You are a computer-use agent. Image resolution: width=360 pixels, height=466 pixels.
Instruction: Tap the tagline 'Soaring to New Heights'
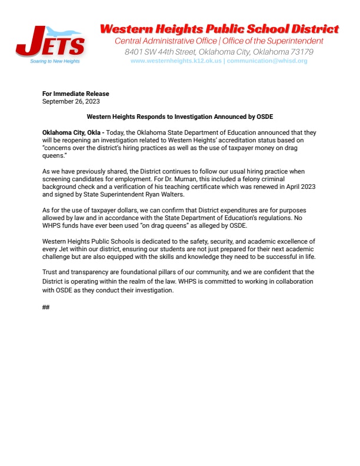pyautogui.click(x=55, y=61)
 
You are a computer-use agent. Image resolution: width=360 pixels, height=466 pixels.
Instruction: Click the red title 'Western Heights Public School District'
pyautogui.click(x=219, y=29)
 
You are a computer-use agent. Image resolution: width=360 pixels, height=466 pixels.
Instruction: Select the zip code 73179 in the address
pyautogui.click(x=301, y=52)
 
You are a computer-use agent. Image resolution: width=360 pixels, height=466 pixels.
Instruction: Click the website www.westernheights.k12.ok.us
pyautogui.click(x=176, y=61)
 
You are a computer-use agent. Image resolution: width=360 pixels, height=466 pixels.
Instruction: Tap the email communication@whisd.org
pyautogui.click(x=267, y=61)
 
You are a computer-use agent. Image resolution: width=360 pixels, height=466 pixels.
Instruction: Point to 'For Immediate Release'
pyautogui.click(x=76, y=94)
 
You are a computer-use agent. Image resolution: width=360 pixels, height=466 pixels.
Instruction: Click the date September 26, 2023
pyautogui.click(x=71, y=101)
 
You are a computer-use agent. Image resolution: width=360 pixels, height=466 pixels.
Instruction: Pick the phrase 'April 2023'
pyautogui.click(x=302, y=187)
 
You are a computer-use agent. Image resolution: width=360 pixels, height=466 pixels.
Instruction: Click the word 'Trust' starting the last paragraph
pyautogui.click(x=51, y=272)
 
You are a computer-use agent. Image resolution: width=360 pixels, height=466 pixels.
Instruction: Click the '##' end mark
pyautogui.click(x=46, y=308)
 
